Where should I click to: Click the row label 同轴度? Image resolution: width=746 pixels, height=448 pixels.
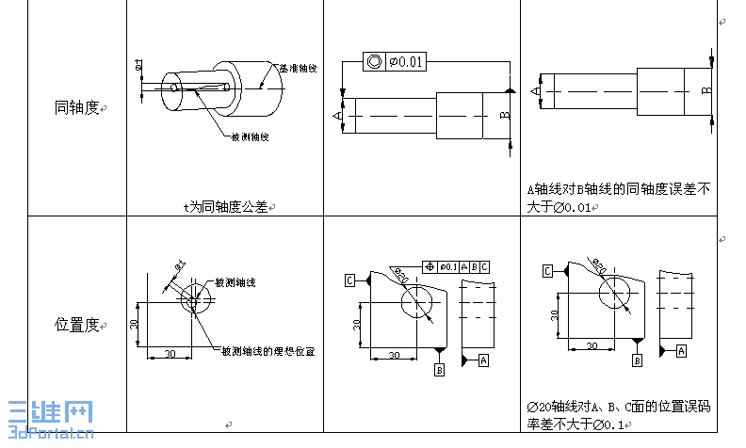coord(76,108)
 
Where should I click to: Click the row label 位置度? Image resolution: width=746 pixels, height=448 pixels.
coord(76,324)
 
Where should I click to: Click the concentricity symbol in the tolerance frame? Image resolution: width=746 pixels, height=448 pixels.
coord(374,62)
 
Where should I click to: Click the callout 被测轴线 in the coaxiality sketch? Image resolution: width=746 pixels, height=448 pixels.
coord(251,136)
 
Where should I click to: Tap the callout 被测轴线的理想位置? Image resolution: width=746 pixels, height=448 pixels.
coord(268,350)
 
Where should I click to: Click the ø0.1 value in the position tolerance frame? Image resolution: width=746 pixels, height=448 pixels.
coord(447,266)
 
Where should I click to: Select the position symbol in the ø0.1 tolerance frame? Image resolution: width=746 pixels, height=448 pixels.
coord(430,266)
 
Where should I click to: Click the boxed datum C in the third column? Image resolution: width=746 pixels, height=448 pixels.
coord(349,280)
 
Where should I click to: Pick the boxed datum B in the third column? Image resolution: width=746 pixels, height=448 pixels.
coord(439,371)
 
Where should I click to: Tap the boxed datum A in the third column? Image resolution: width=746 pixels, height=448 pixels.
coord(483,360)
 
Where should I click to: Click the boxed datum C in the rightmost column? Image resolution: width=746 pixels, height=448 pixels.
coord(546,271)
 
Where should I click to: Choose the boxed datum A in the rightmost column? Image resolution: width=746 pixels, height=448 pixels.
coord(681,349)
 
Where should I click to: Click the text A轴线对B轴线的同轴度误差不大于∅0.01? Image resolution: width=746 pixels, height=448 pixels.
coord(618,198)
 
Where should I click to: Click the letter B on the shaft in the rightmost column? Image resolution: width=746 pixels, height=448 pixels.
coord(705,90)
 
